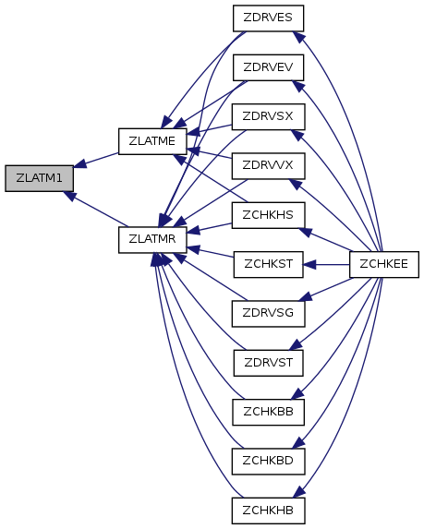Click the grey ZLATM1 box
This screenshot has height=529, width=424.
click(39, 178)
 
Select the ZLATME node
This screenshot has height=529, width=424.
click(152, 141)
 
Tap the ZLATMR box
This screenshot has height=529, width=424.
click(152, 239)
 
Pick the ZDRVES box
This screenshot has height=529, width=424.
click(268, 18)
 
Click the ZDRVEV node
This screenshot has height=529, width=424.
click(268, 67)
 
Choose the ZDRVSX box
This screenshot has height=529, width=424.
click(268, 116)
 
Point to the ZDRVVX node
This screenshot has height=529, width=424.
click(268, 166)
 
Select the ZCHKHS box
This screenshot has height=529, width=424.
click(268, 215)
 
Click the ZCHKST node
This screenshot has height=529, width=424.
click(268, 264)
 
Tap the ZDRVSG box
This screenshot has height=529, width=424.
click(268, 314)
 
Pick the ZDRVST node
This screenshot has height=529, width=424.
click(268, 363)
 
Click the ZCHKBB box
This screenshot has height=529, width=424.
click(268, 413)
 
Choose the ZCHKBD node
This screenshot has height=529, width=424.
click(268, 462)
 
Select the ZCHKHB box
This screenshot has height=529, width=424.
click(268, 511)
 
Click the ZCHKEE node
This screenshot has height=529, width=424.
click(384, 264)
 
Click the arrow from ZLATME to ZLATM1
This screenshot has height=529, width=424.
click(96, 160)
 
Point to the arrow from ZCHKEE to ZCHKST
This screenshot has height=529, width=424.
click(326, 264)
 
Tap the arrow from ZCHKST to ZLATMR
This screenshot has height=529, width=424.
click(210, 252)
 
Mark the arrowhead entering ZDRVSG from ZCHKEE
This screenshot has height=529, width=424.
click(305, 296)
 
